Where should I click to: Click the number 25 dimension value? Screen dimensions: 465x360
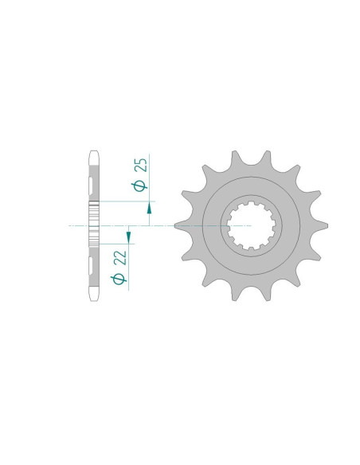coord(140,165)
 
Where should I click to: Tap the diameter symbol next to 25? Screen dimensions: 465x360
coord(140,186)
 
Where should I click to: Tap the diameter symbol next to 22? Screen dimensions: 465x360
coord(119,278)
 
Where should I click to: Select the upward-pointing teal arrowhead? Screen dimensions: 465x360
coord(149,209)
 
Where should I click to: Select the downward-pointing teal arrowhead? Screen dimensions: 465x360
coord(128,236)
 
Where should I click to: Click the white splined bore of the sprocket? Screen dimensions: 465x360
coord(251,225)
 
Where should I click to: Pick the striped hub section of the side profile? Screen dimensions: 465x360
coord(95,225)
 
